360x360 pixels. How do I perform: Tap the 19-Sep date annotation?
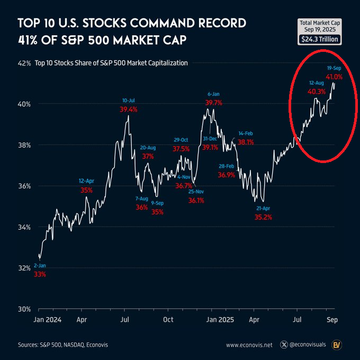click(334, 69)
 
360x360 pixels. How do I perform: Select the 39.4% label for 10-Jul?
click(128, 110)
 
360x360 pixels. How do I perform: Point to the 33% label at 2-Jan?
click(40, 274)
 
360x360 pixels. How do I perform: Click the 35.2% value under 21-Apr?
click(263, 217)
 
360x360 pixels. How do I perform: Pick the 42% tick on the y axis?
click(24, 63)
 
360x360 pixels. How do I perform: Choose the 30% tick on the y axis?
click(24, 309)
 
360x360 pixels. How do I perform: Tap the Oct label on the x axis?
click(168, 320)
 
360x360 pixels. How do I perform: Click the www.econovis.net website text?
click(249, 345)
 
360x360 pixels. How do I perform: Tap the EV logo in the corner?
click(336, 345)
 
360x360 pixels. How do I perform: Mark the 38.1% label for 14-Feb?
click(246, 142)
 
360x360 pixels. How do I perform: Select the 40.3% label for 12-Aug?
click(316, 92)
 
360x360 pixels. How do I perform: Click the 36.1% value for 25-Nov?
click(196, 201)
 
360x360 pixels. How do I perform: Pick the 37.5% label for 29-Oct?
click(182, 149)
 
